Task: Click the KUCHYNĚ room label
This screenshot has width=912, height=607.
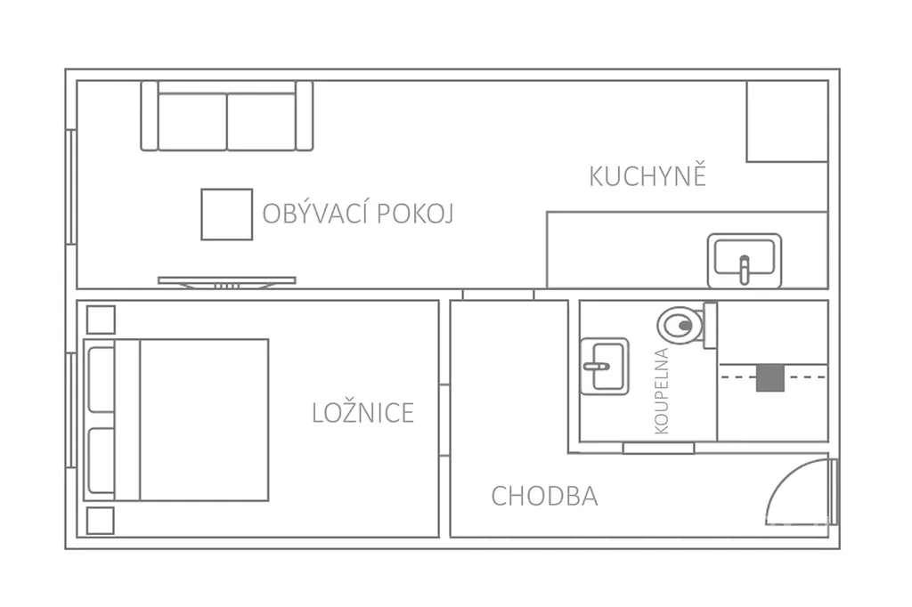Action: pos(647,175)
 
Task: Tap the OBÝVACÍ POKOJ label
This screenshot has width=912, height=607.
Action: pos(358,214)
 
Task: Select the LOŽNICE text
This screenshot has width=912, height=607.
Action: pos(363,413)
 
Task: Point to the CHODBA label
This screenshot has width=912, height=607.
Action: pos(544,496)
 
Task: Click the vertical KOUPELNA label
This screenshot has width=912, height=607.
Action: pos(662,391)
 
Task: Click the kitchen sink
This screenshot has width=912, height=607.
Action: pos(745,261)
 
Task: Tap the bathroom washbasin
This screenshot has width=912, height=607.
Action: pos(605,367)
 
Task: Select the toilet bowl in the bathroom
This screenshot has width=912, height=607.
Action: pos(680,326)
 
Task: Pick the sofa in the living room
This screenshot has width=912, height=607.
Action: pos(227,116)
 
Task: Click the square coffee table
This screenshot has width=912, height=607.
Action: pos(227,214)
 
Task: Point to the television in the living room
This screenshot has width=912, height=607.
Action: pos(227,282)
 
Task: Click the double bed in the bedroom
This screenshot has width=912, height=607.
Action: pos(176,420)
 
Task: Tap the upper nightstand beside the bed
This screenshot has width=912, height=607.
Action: pos(101,320)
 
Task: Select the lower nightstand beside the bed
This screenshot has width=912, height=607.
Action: pos(100,521)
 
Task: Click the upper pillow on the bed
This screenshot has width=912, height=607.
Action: pos(102,380)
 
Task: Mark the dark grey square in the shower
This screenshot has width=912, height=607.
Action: pos(770,377)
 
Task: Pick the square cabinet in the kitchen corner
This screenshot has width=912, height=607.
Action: pos(787,121)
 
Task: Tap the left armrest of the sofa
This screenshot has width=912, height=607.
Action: pos(150,116)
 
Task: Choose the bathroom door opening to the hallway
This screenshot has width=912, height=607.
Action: pos(658,448)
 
